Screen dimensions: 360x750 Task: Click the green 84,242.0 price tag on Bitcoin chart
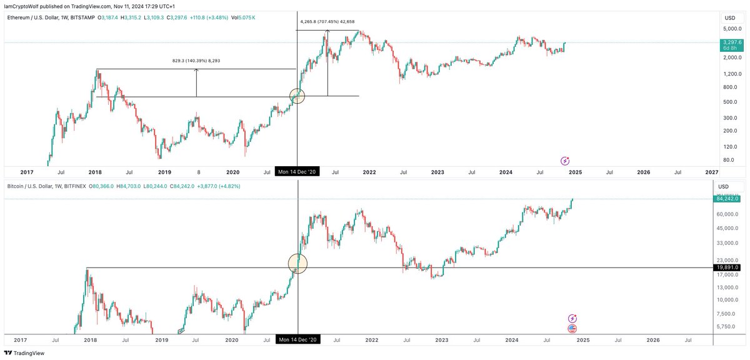[x=727, y=199]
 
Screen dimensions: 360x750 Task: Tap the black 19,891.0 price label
[x=727, y=267]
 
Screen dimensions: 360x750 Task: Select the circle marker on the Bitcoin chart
[x=298, y=263]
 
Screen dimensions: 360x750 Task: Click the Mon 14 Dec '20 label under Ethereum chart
[x=297, y=171]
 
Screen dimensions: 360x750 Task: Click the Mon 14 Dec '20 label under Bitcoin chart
[x=297, y=339]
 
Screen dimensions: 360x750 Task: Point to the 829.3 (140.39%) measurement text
[x=196, y=61]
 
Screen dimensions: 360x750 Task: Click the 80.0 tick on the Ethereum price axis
[x=728, y=160]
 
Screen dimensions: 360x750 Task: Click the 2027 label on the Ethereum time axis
[x=711, y=171]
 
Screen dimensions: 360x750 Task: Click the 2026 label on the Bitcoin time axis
[x=653, y=339]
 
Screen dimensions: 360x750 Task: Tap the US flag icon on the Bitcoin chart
[x=572, y=329]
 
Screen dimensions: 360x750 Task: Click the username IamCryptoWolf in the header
[x=21, y=6]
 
